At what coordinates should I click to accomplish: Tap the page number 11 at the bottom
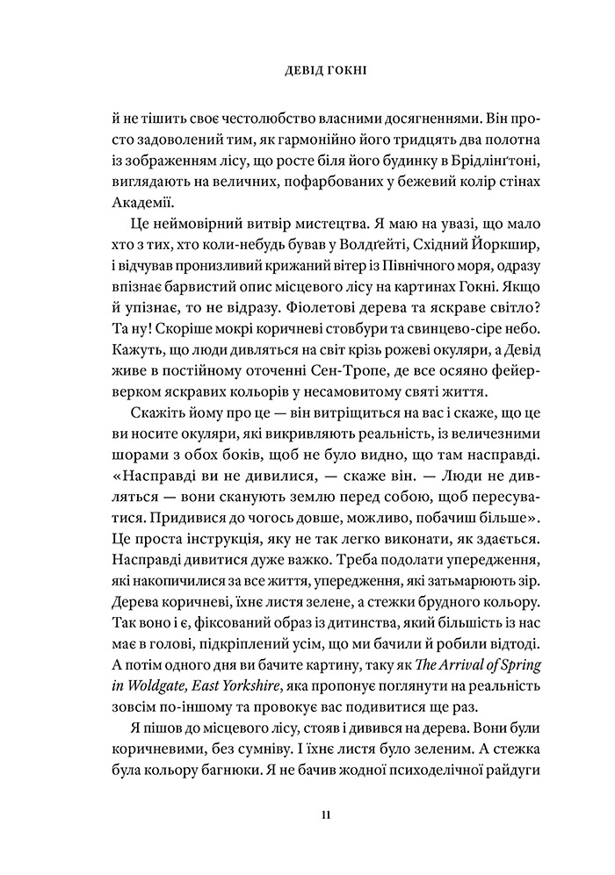pyautogui.click(x=325, y=816)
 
